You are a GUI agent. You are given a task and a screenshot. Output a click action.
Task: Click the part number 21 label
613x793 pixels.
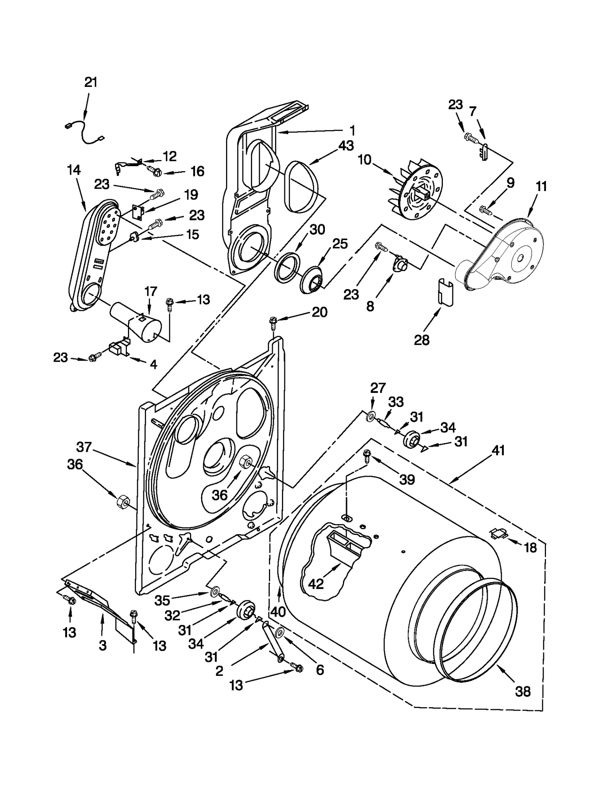tap(91, 82)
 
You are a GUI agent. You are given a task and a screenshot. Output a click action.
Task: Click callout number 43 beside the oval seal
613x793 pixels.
tap(346, 146)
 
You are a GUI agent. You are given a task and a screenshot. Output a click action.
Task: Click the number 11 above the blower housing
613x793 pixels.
tap(541, 186)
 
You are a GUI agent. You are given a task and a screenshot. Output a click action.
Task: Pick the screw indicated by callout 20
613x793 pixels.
tap(273, 323)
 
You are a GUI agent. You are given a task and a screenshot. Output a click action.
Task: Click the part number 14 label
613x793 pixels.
tap(74, 170)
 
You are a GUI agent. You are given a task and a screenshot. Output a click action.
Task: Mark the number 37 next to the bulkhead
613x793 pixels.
tap(84, 447)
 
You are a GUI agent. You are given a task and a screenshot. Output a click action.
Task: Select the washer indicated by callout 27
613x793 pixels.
tap(370, 416)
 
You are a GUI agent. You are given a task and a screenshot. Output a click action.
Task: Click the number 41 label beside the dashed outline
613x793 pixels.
tap(498, 451)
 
